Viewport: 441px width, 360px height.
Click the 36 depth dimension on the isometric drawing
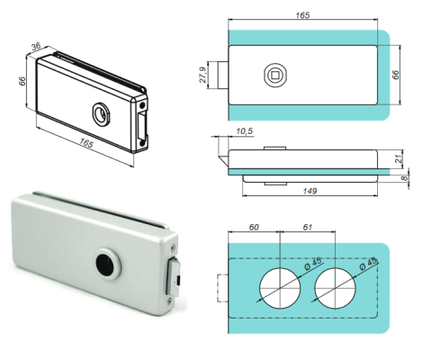pos(37,48)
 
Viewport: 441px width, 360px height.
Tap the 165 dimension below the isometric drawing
pos(86,143)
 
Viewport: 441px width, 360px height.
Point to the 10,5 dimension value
pos(242,132)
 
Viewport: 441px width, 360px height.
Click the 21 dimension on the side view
pos(400,157)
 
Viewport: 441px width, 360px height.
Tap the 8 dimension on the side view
pos(405,179)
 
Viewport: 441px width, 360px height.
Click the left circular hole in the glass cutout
pos(282,285)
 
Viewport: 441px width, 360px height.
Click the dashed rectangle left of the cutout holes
pos(225,286)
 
